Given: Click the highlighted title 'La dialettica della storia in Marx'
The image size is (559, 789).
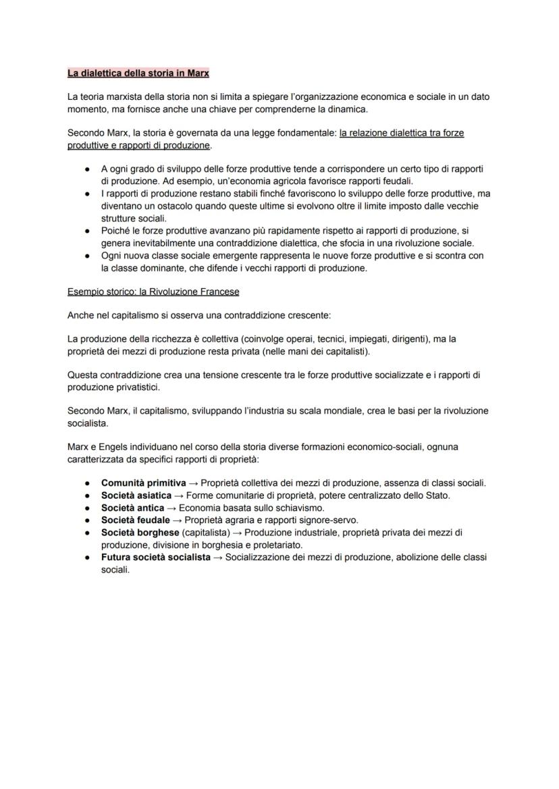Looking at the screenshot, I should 138,72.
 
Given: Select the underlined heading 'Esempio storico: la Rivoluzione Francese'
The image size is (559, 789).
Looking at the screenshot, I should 153,292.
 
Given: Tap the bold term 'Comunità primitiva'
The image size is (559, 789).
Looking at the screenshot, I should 143,483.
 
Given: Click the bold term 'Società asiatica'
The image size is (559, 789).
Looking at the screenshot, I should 136,495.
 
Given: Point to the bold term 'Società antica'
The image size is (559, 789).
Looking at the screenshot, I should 132,508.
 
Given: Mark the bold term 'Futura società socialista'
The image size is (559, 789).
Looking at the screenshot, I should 156,557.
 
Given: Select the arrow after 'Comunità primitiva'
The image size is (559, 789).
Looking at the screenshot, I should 193,483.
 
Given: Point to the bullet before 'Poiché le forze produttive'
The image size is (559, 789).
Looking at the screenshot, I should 88,231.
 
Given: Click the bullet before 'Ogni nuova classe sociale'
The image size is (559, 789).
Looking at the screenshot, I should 88,256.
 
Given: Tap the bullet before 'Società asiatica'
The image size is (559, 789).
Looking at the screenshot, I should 88,495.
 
